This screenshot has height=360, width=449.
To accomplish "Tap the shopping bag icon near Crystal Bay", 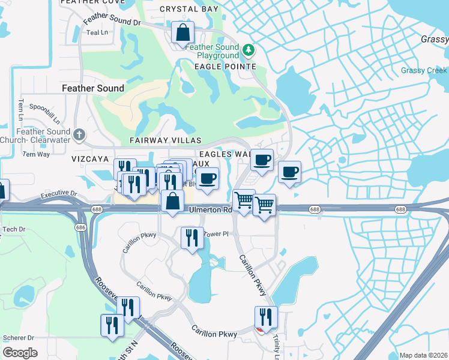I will (182, 33).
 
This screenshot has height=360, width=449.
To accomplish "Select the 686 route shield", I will (80, 228).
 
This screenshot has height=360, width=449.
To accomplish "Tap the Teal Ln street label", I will (97, 32).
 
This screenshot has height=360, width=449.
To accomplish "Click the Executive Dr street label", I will (59, 194).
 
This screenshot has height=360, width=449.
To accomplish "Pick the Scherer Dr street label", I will (19, 338).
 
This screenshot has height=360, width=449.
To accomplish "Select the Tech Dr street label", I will (13, 229).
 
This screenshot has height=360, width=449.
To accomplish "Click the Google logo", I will (20, 352).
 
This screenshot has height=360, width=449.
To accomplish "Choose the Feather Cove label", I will (93, 2).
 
